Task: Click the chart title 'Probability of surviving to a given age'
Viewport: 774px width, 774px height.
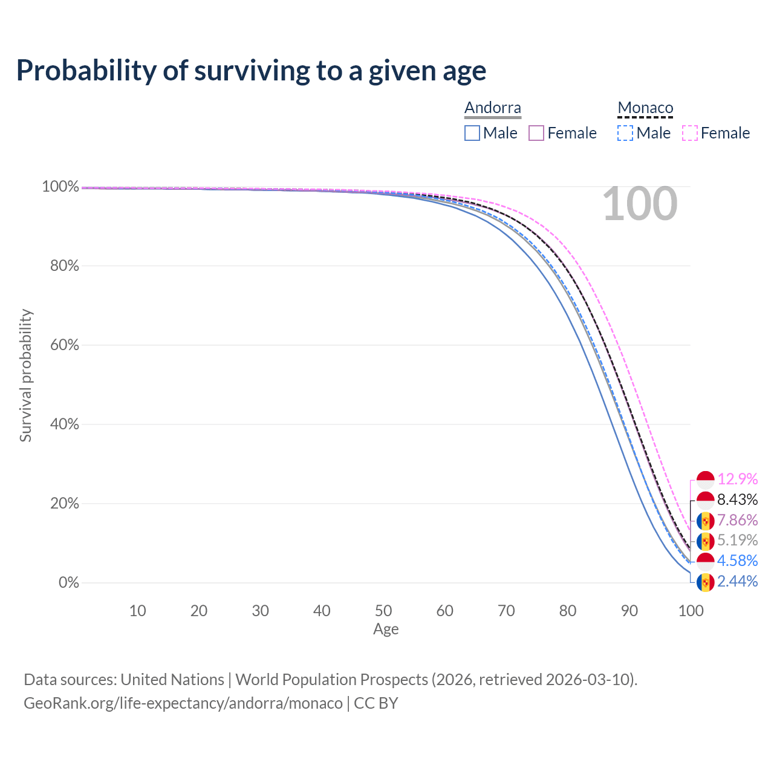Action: (x=251, y=71)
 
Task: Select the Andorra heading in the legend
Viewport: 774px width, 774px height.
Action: (x=492, y=108)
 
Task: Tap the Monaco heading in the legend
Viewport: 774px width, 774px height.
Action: (x=645, y=108)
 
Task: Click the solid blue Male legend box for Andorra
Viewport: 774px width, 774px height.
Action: (x=472, y=133)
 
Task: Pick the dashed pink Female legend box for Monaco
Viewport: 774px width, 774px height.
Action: (x=690, y=133)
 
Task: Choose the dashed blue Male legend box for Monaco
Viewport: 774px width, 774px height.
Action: (x=625, y=133)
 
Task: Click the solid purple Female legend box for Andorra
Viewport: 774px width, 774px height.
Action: (x=536, y=133)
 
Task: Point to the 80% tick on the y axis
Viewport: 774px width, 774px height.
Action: (x=64, y=265)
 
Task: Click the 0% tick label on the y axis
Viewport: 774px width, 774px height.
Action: (x=69, y=582)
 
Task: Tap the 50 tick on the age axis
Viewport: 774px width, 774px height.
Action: (x=383, y=611)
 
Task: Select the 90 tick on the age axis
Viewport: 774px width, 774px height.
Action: (x=629, y=611)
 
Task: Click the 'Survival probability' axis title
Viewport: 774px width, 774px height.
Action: (x=25, y=375)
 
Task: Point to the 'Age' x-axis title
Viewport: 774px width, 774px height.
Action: (x=386, y=629)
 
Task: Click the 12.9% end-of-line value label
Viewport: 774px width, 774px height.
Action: (x=738, y=479)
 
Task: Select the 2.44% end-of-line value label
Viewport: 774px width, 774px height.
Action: (x=738, y=581)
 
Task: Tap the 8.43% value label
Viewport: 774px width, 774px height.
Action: (x=738, y=499)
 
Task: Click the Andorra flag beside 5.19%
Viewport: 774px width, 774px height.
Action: (x=705, y=541)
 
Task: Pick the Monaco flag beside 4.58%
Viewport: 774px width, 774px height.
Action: (x=705, y=562)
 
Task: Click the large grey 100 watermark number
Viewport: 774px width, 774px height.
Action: (x=640, y=204)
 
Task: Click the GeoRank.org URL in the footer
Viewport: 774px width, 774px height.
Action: (x=183, y=703)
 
